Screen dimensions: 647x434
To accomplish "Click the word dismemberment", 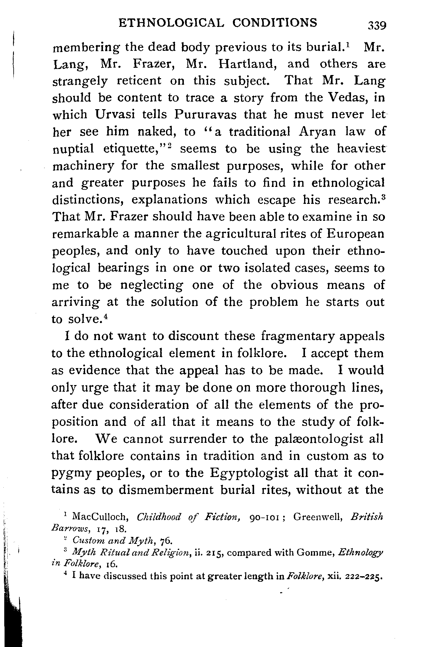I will coord(166,490).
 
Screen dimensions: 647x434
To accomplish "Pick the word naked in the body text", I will coord(156,132).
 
